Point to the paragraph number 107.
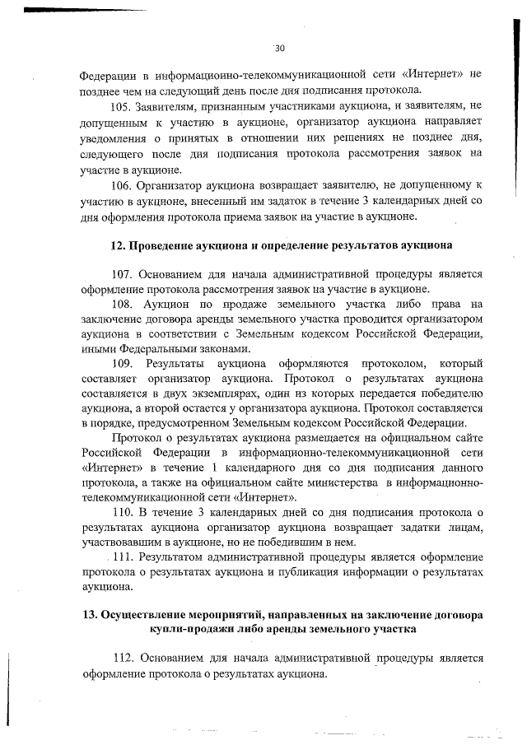coord(121,273)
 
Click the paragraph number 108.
coord(121,305)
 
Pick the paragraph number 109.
coord(121,364)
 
